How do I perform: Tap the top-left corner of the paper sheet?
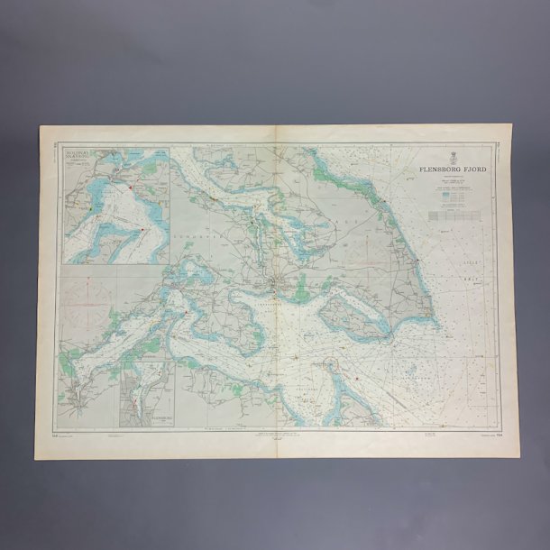click(41, 126)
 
